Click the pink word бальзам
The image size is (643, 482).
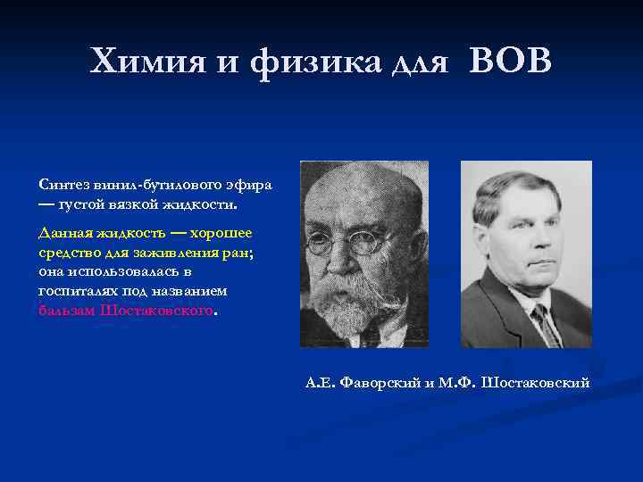coord(66,312)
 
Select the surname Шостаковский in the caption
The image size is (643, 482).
coord(536,383)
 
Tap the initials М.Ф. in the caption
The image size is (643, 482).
coord(458,383)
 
